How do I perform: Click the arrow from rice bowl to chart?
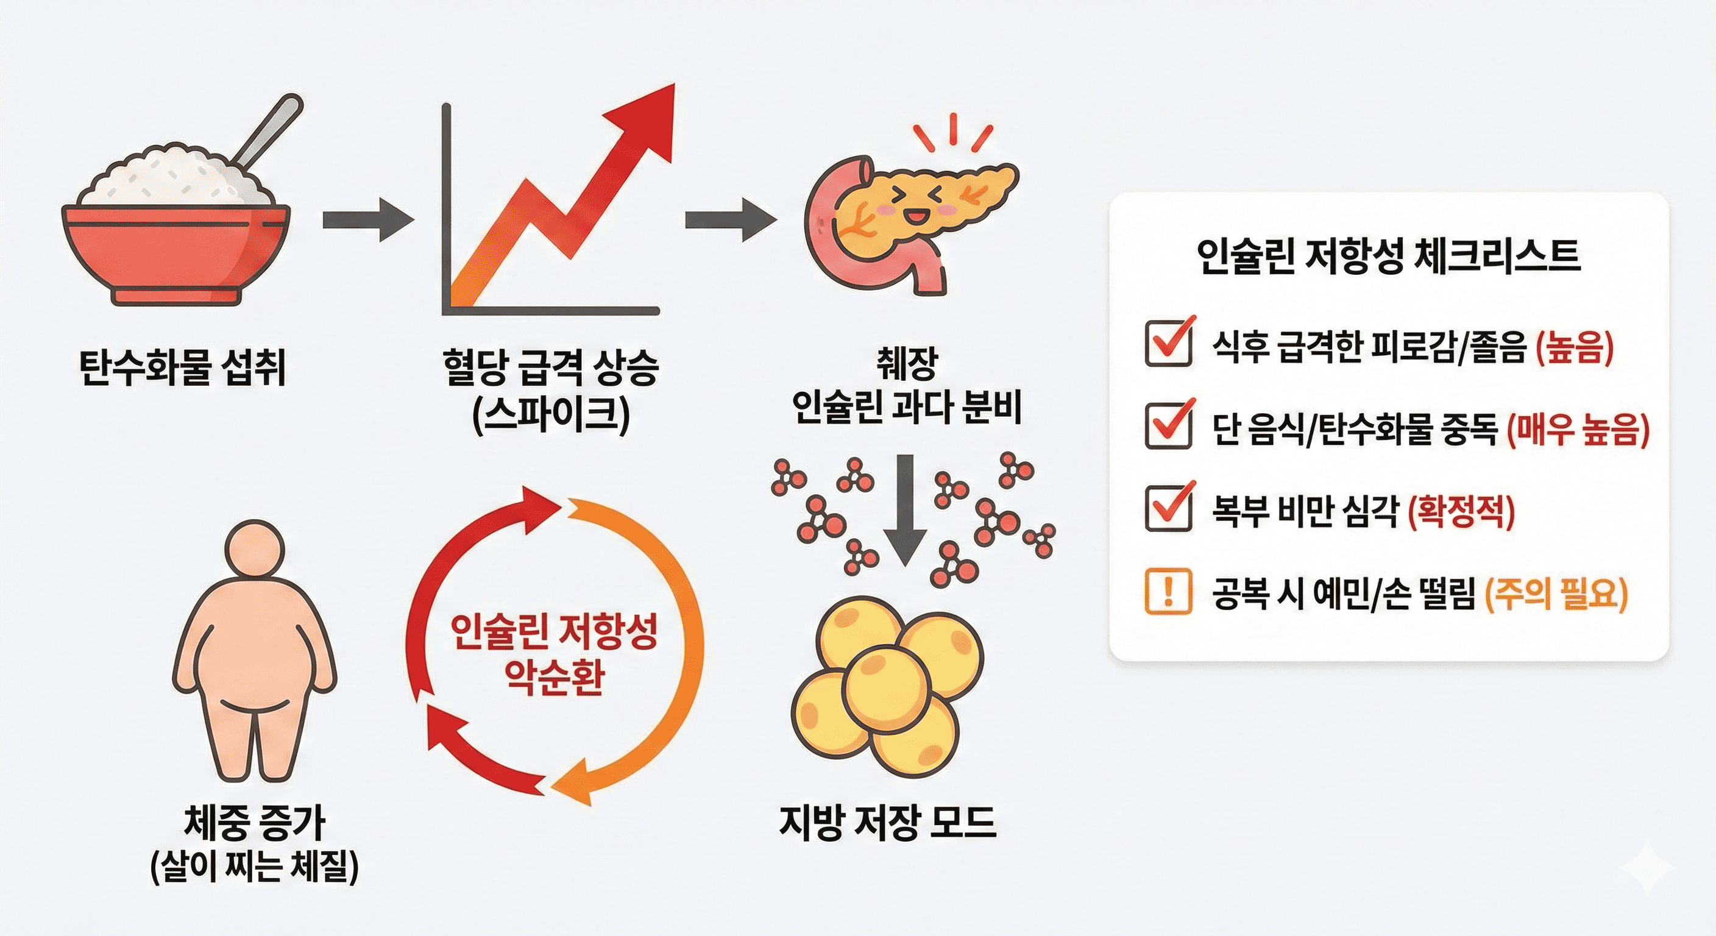[x=367, y=220]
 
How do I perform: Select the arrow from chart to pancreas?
[x=730, y=220]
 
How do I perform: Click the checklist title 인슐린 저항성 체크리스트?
[x=1389, y=257]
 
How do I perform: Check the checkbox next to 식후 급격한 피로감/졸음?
[x=1168, y=343]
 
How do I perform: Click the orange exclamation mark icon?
[x=1167, y=591]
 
